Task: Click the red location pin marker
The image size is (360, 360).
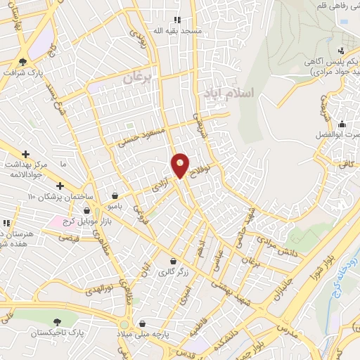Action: (x=180, y=165)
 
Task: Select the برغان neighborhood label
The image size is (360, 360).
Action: (x=137, y=78)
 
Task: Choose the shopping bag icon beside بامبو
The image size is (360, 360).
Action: (x=115, y=196)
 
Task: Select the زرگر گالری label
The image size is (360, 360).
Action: (x=175, y=271)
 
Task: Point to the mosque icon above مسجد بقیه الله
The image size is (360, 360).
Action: (x=177, y=20)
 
